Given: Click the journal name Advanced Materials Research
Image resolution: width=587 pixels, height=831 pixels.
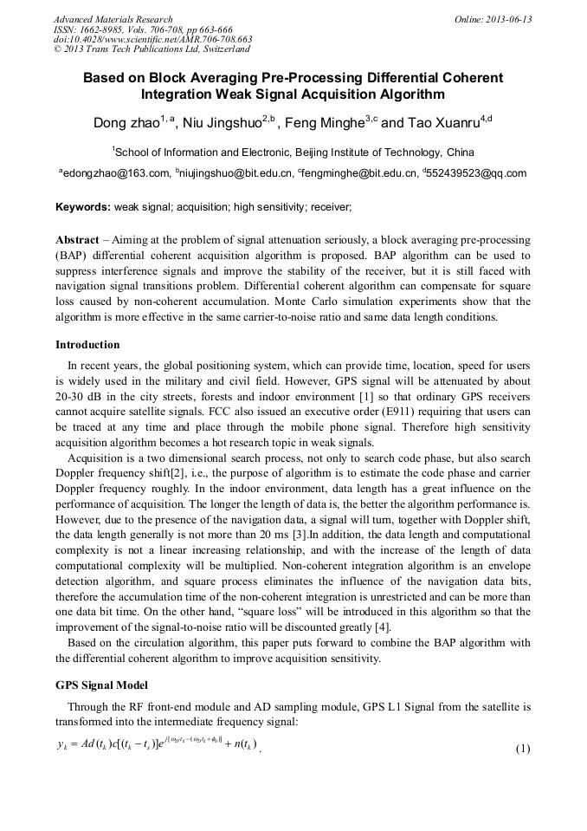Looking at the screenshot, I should pos(113,19).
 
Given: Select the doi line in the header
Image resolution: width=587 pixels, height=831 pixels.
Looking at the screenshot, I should pos(152,40).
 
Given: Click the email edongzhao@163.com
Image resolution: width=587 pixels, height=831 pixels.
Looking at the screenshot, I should pos(116,173).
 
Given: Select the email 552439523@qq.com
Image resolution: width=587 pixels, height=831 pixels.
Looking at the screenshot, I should pos(476,173).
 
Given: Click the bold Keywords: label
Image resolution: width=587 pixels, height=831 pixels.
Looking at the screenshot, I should pos(83,208).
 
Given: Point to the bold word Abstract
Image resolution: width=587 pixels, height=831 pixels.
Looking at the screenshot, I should pos(77,239).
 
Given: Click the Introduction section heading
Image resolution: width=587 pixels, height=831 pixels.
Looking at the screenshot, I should pos(87,345).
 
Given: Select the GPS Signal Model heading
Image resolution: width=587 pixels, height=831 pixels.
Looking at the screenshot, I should pos(101,685).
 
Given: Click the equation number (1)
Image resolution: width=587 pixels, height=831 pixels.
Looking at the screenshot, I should pos(523,748).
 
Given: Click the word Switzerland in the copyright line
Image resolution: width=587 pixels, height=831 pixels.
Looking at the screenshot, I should pos(219,50).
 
